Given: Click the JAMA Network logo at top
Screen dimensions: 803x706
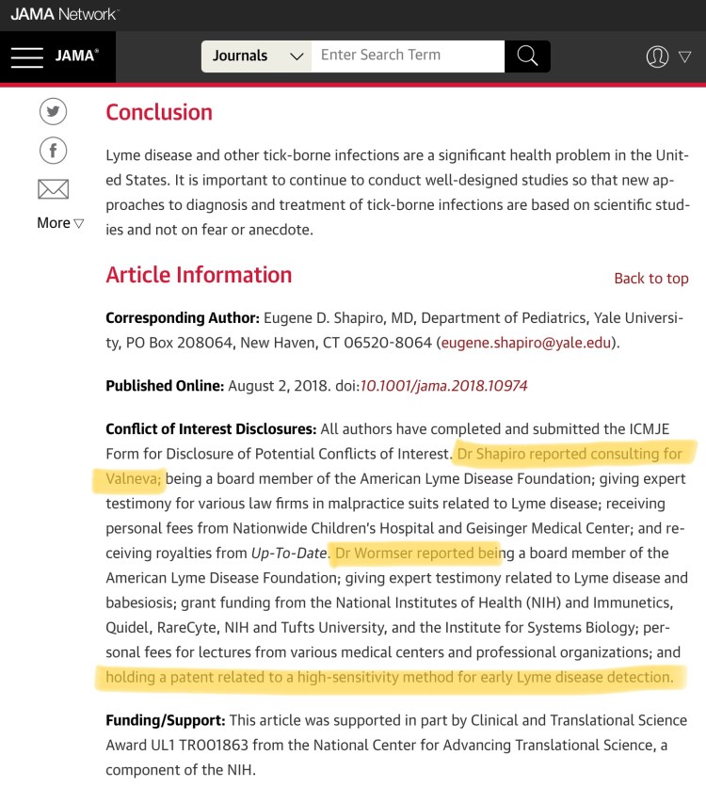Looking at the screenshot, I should tap(64, 14).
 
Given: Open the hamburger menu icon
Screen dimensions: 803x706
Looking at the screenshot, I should tap(26, 56).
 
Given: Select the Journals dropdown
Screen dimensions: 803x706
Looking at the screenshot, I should tap(257, 56).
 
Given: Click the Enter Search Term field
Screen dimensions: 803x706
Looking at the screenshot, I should tap(408, 56).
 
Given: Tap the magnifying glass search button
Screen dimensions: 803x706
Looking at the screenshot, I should tap(527, 56).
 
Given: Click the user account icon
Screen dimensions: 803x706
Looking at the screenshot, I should tap(658, 56).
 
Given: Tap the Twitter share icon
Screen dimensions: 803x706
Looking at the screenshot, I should tap(53, 112).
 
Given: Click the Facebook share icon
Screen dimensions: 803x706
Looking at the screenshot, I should tap(53, 151).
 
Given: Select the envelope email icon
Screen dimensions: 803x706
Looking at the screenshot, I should tap(53, 189).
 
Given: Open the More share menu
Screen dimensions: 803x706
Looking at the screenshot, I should tap(60, 223).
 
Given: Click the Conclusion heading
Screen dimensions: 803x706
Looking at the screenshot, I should tap(159, 112).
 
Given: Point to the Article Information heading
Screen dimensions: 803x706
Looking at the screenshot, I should tap(199, 275).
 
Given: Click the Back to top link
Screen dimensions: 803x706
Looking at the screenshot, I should tap(650, 279).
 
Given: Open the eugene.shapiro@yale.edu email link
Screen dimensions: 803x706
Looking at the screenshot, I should tap(525, 344).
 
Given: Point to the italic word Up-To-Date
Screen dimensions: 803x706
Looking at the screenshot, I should tap(288, 553).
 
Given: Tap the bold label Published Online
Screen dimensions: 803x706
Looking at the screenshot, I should tap(165, 386).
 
